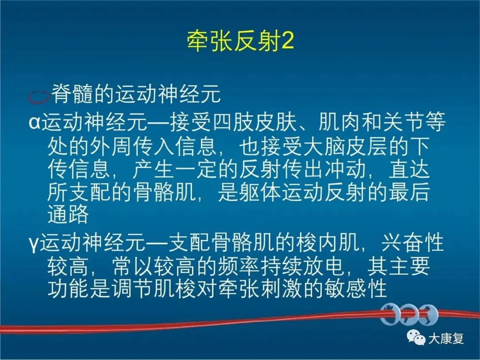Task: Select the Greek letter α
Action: tap(35, 123)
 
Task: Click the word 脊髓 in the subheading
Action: tap(72, 94)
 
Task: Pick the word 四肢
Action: tap(234, 122)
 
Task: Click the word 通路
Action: tap(68, 214)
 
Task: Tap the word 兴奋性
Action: tap(412, 243)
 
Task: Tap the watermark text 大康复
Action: tap(446, 338)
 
